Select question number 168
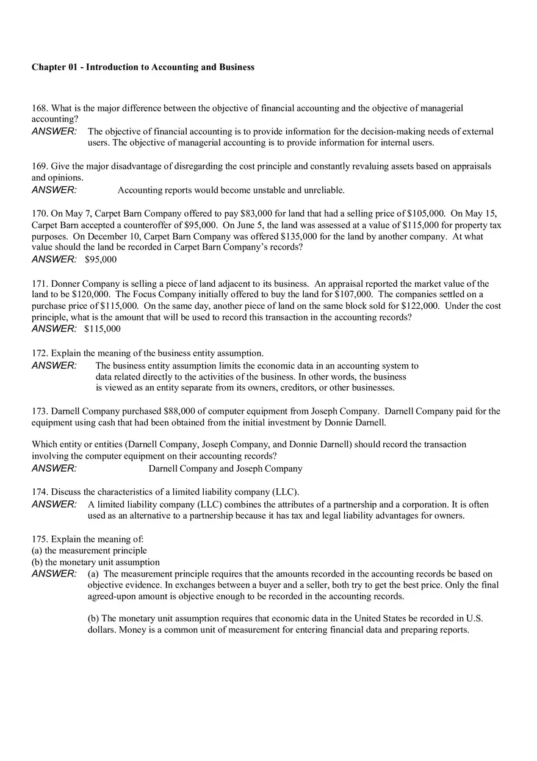coord(39,109)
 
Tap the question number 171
coord(39,284)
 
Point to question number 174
coord(39,492)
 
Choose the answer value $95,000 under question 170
coord(101,259)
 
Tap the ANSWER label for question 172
coord(54,366)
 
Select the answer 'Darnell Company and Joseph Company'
coord(225,469)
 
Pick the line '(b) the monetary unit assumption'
coord(96,562)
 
